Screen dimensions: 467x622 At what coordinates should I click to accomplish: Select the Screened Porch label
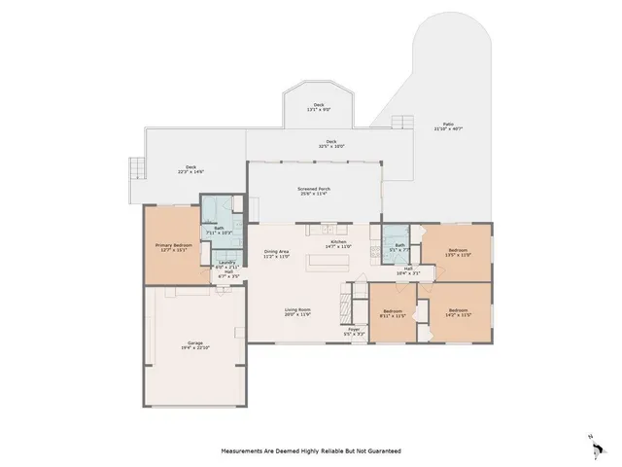tap(313, 191)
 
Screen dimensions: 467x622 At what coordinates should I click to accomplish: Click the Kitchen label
tap(338, 244)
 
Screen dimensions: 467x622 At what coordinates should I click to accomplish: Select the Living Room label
tap(297, 312)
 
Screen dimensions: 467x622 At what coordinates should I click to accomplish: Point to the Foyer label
tap(354, 331)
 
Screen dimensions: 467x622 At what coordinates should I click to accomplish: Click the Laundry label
tap(226, 264)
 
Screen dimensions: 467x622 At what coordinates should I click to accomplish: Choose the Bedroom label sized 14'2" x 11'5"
tap(457, 313)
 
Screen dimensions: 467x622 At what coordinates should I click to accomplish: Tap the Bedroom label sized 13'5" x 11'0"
tap(457, 253)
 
